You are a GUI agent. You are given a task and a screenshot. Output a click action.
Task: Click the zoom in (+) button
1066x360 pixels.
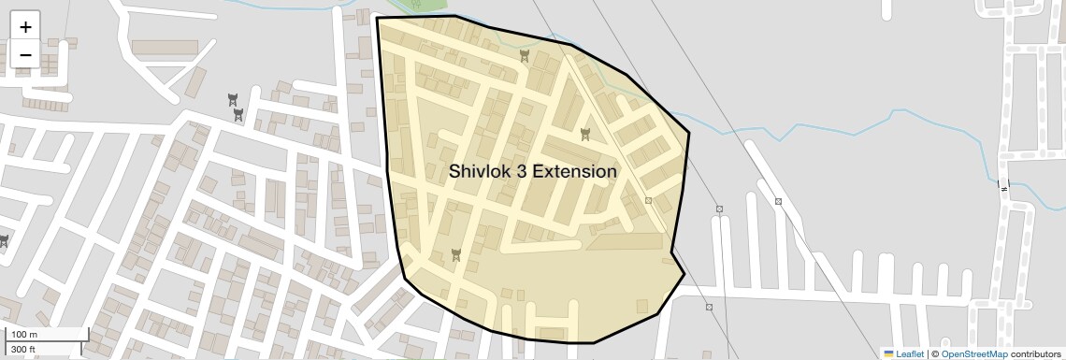click(x=25, y=26)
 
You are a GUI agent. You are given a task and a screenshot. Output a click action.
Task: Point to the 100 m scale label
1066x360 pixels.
click(x=24, y=335)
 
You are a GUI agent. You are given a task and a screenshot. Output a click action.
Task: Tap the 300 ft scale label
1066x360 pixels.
click(x=23, y=350)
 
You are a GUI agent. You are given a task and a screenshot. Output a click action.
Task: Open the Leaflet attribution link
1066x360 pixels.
click(x=911, y=354)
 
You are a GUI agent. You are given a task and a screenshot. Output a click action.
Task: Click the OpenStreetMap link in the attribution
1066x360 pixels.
click(x=974, y=354)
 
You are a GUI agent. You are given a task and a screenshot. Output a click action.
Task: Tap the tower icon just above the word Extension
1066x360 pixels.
click(x=585, y=134)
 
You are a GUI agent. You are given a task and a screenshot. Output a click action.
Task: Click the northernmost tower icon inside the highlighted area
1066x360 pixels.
click(x=526, y=57)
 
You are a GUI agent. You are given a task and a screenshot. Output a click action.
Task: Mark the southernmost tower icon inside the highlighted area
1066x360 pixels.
click(x=456, y=253)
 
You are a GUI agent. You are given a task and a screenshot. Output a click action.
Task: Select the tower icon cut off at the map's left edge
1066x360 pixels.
click(x=4, y=241)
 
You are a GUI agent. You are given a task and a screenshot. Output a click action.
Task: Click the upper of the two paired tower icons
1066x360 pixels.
click(x=232, y=98)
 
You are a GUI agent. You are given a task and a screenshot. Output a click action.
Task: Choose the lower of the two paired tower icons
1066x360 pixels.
click(x=239, y=114)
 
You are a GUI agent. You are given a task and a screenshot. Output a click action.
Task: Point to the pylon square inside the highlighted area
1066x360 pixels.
click(x=648, y=200)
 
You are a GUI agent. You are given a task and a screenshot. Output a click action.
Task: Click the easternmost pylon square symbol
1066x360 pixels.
click(x=778, y=201)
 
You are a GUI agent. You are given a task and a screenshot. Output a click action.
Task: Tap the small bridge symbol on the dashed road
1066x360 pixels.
click(x=1004, y=186)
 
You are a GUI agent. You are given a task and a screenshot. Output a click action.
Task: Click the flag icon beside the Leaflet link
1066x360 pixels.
click(x=888, y=354)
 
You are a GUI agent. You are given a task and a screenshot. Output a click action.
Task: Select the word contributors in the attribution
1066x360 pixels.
click(x=1035, y=354)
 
